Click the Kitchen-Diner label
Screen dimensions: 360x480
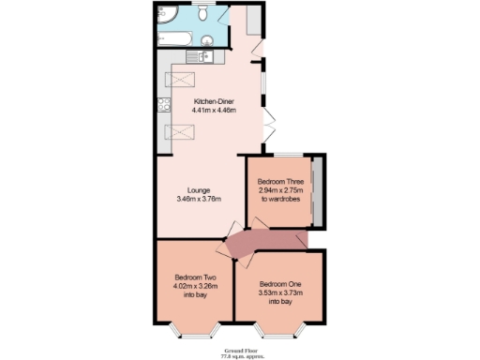[x=214, y=101]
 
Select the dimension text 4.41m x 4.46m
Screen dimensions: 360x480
[x=214, y=111]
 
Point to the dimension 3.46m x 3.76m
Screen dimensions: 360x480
[x=198, y=199]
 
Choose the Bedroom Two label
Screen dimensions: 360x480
[x=196, y=277]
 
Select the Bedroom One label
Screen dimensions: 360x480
[x=280, y=284]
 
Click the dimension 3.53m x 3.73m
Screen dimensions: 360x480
[x=280, y=293]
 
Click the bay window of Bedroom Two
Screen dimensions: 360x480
[x=196, y=329]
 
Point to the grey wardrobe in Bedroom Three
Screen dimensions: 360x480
[x=317, y=191]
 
